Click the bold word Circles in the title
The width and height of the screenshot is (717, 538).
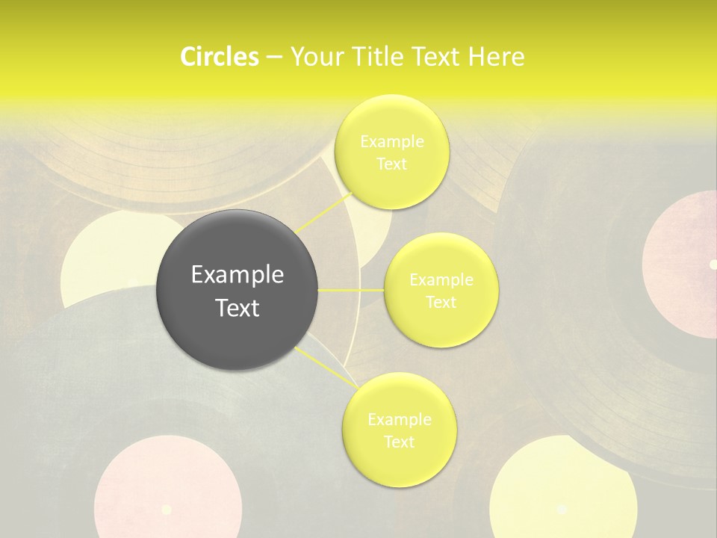(x=219, y=57)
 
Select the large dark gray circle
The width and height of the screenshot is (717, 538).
(x=237, y=290)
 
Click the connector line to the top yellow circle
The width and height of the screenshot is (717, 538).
(x=325, y=212)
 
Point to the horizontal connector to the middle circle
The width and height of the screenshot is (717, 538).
(x=351, y=290)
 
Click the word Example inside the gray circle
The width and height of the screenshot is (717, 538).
(x=238, y=275)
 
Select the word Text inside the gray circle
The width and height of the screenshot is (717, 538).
(x=238, y=308)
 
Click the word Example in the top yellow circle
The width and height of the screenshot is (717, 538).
(x=391, y=142)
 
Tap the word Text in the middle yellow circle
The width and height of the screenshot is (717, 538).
(x=441, y=303)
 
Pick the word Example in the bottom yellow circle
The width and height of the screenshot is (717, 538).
(x=399, y=420)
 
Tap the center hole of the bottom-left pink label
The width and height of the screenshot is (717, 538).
(x=167, y=510)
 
